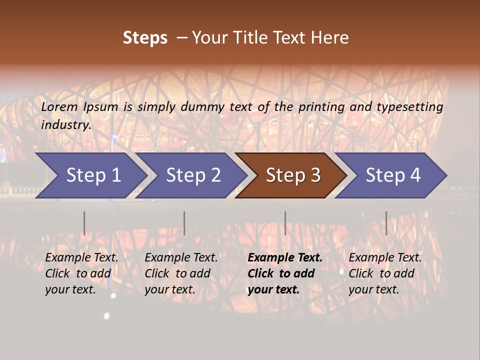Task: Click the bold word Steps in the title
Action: tap(145, 38)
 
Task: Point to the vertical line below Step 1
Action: tap(84, 223)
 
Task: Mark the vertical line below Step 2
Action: tap(184, 223)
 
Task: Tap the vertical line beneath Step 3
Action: tap(285, 223)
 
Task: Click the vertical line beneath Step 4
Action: tap(386, 223)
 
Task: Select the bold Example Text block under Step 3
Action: tap(285, 273)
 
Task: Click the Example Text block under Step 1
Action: tap(81, 273)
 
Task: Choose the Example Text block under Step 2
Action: tap(181, 273)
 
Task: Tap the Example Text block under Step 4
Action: tap(385, 273)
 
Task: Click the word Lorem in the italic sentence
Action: tap(59, 107)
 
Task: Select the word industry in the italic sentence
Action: tap(65, 125)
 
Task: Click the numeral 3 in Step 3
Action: tap(315, 175)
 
